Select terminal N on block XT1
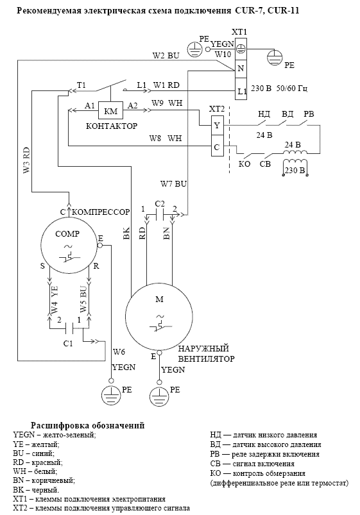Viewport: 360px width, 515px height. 241,69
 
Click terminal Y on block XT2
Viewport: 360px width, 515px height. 217,125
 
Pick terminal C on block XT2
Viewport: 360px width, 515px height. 217,146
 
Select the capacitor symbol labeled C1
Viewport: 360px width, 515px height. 70,327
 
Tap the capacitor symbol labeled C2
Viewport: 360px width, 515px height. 159,215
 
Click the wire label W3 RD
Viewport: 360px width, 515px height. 26,160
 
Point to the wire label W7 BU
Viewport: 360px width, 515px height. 173,183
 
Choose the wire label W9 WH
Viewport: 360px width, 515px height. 167,103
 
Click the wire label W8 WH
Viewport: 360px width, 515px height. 166,138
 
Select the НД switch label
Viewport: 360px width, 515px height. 264,114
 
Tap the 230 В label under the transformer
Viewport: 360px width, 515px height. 295,170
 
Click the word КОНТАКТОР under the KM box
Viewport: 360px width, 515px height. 112,126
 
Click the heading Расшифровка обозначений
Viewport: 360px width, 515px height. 88,425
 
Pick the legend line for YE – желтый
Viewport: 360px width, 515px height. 36,444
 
